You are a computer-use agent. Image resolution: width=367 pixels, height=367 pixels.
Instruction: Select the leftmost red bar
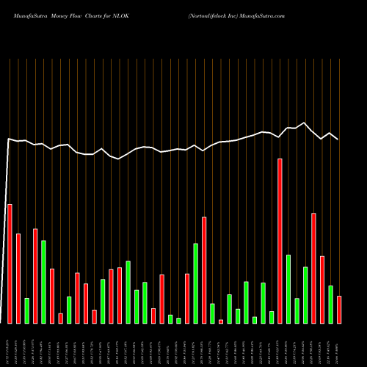pyautogui.click(x=10, y=264)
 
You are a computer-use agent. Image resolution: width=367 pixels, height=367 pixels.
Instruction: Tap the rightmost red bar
pyautogui.click(x=339, y=309)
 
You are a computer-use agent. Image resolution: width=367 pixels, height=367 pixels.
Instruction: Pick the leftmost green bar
pyautogui.click(x=26, y=310)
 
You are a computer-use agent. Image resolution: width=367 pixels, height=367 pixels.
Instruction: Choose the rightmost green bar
pyautogui.click(x=330, y=304)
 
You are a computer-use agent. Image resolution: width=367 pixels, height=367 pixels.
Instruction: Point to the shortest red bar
pyautogui.click(x=221, y=321)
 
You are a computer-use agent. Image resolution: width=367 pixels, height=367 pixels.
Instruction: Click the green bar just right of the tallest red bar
pyautogui.click(x=288, y=288)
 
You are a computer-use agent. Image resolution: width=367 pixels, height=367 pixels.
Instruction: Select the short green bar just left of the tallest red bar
pyautogui.click(x=272, y=317)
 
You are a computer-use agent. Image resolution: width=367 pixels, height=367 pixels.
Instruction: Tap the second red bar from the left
pyautogui.click(x=18, y=278)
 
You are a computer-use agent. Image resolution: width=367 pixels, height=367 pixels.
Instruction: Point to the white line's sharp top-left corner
pyautogui.click(x=9, y=138)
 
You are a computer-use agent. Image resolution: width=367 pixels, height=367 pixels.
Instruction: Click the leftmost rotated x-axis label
pyautogui.click(x=10, y=345)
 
